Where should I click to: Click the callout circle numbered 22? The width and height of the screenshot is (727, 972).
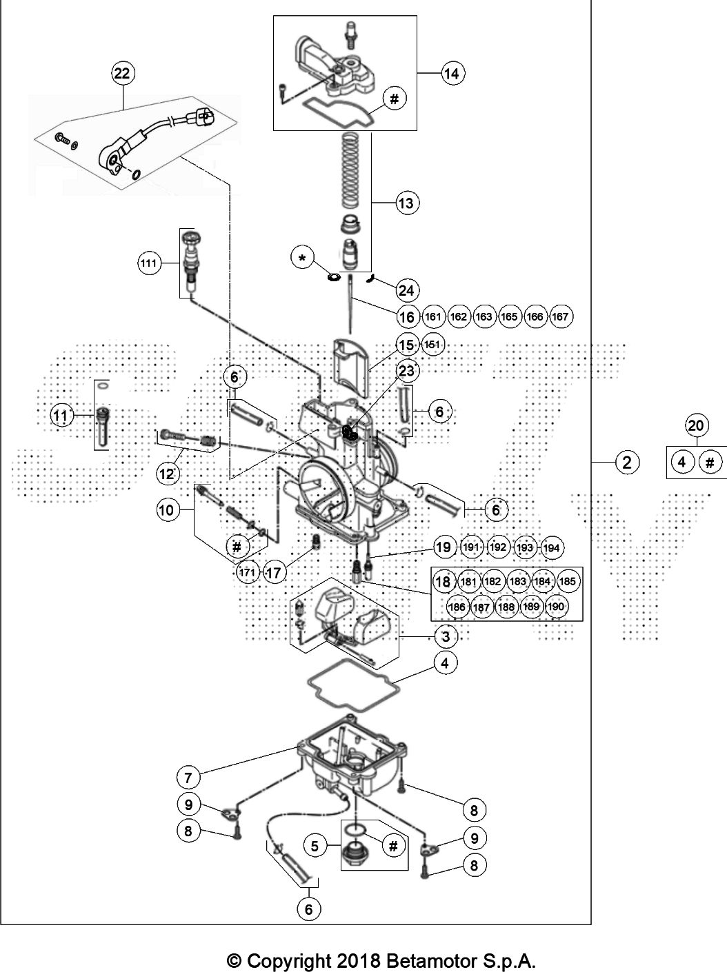[122, 73]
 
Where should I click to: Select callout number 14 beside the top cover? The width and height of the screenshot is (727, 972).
[451, 73]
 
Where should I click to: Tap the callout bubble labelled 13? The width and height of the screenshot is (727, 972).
[406, 203]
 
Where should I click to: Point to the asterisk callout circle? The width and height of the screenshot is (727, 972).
[303, 258]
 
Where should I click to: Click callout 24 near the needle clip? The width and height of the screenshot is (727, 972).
[406, 290]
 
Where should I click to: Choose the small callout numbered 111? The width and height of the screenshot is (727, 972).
[148, 263]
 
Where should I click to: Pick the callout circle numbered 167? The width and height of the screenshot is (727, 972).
[560, 316]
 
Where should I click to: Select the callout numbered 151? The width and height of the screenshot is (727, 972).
[432, 345]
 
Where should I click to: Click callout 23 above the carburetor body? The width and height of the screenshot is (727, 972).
[406, 371]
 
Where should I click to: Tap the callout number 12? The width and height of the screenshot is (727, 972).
[167, 474]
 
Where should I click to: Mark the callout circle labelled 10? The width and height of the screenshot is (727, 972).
[166, 510]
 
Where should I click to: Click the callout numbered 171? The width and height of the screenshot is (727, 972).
[247, 573]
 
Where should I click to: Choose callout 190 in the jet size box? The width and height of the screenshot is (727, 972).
[555, 606]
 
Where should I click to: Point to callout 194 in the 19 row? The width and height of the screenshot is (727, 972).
[551, 548]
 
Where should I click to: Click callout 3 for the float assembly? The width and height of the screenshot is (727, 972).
[446, 637]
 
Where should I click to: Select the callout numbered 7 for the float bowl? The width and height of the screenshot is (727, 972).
[188, 778]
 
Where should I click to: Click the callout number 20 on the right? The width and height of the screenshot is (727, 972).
[696, 425]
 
